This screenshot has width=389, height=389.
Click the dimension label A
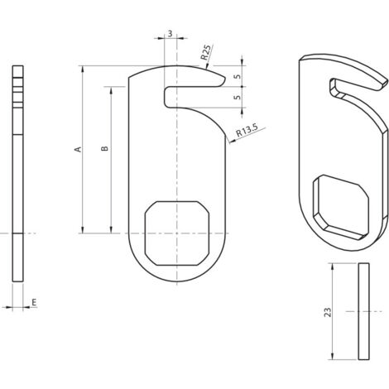point(79,149)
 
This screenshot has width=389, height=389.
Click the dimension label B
point(105,148)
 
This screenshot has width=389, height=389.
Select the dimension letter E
point(34,302)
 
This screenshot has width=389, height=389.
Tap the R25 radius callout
point(206,52)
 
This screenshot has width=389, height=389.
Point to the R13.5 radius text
point(247,130)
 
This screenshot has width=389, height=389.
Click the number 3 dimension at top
point(170,34)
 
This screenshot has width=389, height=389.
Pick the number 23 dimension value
point(328,312)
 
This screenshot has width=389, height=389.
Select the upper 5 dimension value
point(238,76)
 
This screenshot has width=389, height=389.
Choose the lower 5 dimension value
point(238,98)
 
